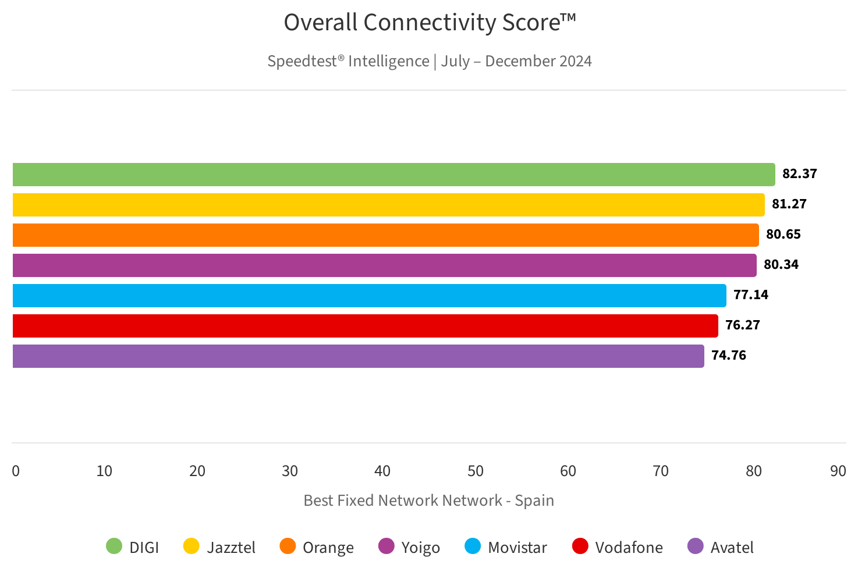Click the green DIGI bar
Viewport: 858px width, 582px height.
393,175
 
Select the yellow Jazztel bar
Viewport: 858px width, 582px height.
388,205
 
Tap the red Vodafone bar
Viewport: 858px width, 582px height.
365,326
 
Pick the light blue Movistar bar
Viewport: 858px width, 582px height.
369,296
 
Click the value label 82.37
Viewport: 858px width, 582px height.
799,174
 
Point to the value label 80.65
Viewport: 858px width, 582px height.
783,235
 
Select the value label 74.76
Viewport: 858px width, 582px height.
728,356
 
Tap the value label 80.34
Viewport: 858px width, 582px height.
781,265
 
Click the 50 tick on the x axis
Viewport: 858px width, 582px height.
476,471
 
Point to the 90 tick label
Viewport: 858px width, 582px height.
838,471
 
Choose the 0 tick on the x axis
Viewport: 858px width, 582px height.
16,471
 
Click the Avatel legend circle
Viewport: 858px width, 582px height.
695,546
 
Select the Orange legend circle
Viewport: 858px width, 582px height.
288,546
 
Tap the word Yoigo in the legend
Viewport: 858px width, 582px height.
420,548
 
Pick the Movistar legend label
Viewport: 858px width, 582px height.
517,548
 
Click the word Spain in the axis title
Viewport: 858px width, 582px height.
534,501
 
